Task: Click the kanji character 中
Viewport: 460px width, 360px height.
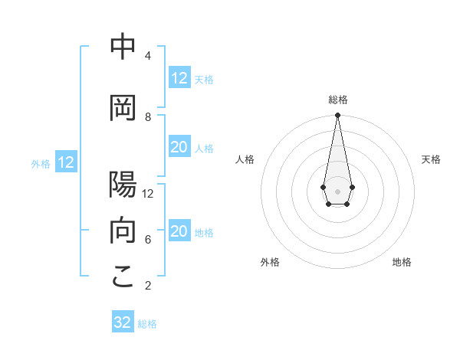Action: [123, 47]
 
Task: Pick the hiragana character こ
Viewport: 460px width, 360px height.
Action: [123, 277]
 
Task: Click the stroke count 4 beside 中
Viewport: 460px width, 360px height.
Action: [147, 56]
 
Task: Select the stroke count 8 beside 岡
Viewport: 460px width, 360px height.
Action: [147, 116]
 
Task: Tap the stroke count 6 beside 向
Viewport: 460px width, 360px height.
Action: [147, 239]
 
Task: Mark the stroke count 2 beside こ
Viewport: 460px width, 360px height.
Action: [147, 286]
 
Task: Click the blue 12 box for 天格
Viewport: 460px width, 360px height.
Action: [179, 78]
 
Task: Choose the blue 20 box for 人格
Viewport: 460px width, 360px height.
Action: [179, 148]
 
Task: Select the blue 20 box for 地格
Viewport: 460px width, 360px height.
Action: [179, 232]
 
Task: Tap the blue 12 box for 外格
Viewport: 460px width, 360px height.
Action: [66, 162]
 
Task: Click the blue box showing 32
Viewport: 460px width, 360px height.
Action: [123, 322]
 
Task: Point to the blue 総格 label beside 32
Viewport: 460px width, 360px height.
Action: [147, 324]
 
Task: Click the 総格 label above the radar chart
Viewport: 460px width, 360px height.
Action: [337, 100]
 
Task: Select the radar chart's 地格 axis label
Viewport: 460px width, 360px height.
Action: [402, 262]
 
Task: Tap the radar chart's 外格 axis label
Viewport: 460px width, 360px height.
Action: [270, 262]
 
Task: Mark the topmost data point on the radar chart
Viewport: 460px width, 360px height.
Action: [337, 116]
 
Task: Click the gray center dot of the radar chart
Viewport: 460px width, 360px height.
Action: [337, 191]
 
